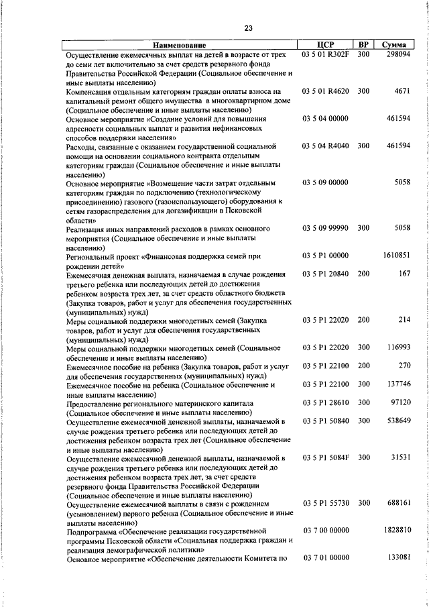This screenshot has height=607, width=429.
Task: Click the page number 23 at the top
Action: (248, 27)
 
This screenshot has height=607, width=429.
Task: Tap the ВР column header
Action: (363, 44)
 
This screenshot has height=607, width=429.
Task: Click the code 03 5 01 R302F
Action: (326, 54)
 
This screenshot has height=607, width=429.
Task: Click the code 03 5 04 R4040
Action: (326, 145)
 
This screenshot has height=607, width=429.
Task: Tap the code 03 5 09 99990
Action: (326, 228)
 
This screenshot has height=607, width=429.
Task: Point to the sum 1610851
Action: (397, 256)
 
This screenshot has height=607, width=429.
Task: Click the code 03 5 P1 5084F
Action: (326, 457)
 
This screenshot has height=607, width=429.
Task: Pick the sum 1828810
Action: (396, 530)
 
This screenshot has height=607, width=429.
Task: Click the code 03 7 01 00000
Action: (326, 557)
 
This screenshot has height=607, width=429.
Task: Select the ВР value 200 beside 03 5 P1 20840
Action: (363, 274)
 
